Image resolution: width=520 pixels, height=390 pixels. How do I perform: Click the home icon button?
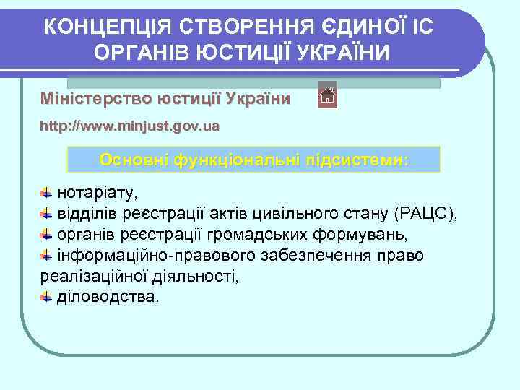pyautogui.click(x=327, y=95)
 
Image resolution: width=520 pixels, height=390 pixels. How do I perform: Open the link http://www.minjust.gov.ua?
pyautogui.click(x=129, y=126)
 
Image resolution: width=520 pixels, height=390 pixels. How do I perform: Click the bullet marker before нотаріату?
pyautogui.click(x=45, y=194)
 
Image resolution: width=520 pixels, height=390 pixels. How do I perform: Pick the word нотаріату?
pyautogui.click(x=97, y=194)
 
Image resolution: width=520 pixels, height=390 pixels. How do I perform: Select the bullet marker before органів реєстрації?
pyautogui.click(x=45, y=235)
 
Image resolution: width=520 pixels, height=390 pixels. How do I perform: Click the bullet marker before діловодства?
pyautogui.click(x=45, y=297)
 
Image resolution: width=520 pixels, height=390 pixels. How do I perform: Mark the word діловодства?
pyautogui.click(x=105, y=297)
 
